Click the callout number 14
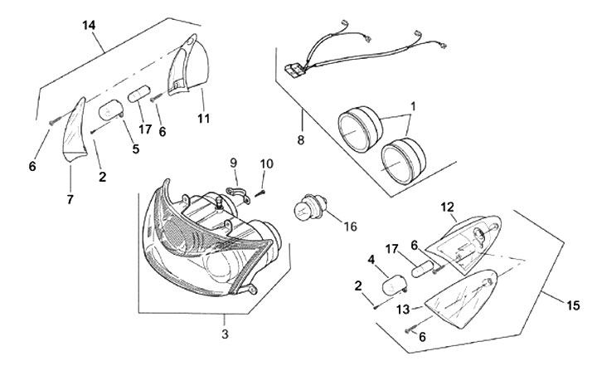[89, 26]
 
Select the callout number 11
[203, 120]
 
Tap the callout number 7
[70, 199]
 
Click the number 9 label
[234, 162]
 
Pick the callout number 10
[267, 163]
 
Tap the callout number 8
[300, 139]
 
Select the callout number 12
[447, 206]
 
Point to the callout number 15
[573, 305]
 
